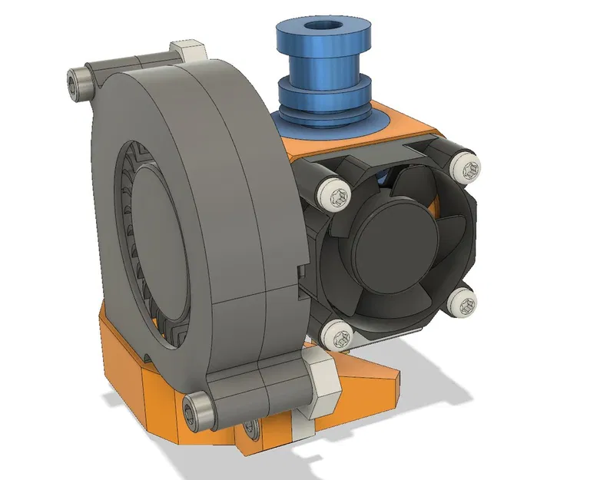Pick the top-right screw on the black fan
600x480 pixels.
[467, 164]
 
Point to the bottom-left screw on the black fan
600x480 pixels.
[336, 333]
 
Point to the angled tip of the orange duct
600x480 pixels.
[392, 380]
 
